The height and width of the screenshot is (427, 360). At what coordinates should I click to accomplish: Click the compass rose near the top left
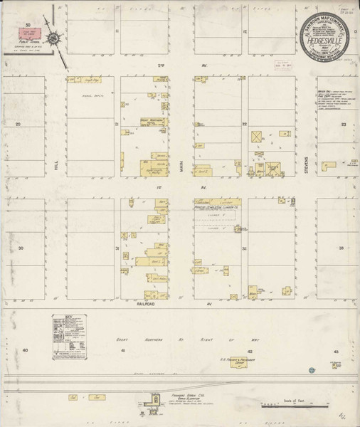[x=56, y=34]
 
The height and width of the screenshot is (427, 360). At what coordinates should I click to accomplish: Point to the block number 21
[x=116, y=124]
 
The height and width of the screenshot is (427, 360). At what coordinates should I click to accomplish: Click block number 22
[x=244, y=124]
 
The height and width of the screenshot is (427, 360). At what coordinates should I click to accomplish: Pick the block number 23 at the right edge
[x=343, y=125]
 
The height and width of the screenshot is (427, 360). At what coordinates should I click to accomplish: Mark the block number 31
[x=117, y=248]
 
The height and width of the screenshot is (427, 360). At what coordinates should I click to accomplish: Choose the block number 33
[x=342, y=248]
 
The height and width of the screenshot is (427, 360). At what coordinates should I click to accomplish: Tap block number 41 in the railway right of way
[x=122, y=351]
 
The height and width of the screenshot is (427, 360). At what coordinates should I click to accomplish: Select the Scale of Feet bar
[x=285, y=406]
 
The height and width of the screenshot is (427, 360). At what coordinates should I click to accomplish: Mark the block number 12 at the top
[x=244, y=32]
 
